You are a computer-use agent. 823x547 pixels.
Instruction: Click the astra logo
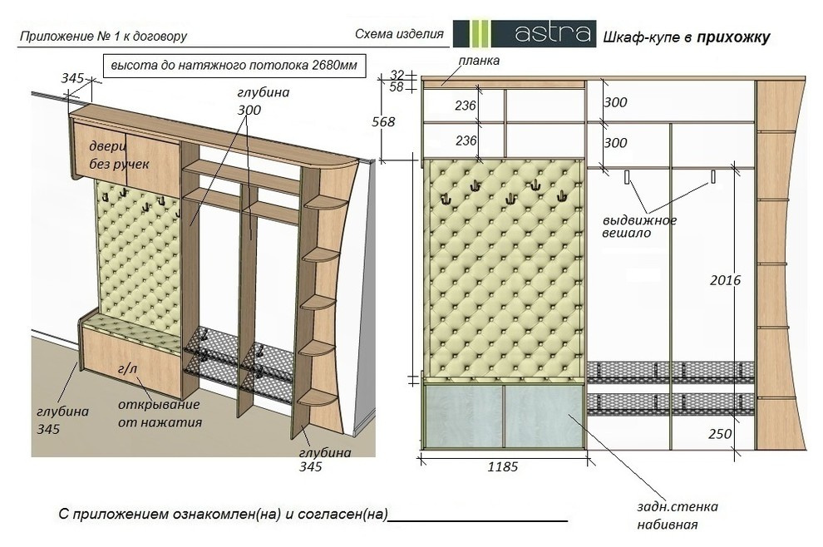525,33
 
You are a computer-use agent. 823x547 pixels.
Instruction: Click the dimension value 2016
725,280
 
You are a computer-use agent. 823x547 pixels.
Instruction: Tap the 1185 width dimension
502,466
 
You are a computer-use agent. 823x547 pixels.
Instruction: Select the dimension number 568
383,122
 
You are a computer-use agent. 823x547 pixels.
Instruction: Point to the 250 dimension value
720,434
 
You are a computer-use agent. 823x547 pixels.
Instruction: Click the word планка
479,61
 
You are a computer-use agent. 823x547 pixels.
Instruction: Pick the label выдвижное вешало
639,226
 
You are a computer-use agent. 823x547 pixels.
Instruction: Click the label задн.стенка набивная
677,515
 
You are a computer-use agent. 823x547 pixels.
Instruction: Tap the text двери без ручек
119,155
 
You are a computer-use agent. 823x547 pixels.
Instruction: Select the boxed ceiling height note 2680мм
234,66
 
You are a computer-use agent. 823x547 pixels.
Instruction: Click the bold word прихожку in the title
733,37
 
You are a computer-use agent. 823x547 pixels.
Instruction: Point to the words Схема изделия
399,34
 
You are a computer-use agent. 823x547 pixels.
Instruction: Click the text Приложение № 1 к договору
103,37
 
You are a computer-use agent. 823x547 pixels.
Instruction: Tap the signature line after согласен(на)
478,520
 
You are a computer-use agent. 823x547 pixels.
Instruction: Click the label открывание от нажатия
160,413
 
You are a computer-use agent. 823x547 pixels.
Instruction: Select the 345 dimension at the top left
72,78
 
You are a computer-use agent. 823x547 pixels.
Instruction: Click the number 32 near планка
397,75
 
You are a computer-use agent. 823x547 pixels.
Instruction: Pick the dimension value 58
397,86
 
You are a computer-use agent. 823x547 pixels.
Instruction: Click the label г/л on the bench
127,369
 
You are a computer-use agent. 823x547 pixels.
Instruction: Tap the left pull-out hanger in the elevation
627,177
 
